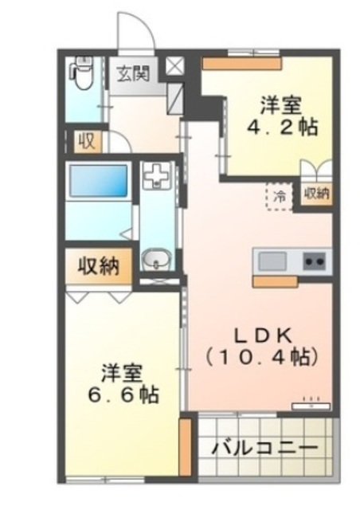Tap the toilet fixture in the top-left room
(x=80, y=76)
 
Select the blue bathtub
(x=98, y=182)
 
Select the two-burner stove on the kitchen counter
(x=312, y=261)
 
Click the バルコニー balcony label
(x=265, y=448)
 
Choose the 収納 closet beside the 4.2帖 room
(x=316, y=194)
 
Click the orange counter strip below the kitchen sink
(x=275, y=280)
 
